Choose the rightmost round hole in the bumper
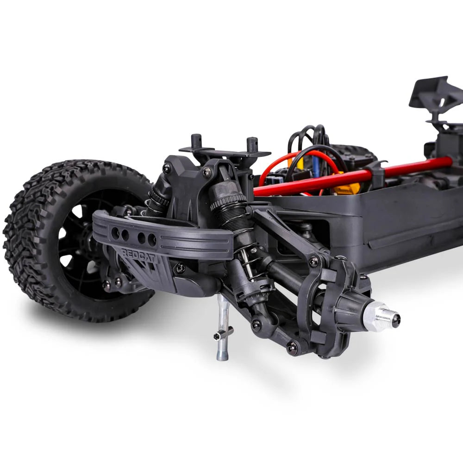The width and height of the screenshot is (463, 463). (x=152, y=240)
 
